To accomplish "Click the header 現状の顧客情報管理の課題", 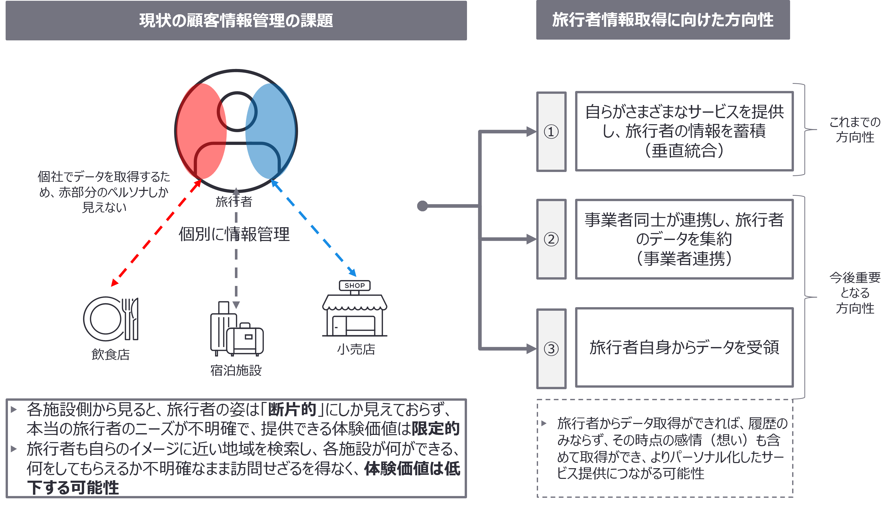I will pos(236,20).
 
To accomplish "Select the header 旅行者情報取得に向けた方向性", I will pos(663,20).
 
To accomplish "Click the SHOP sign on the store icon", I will pos(355,285).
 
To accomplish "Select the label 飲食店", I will pos(110,354).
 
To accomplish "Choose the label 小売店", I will pos(356,349).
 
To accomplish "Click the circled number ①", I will pos(551,132).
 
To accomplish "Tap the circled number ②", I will pos(551,239).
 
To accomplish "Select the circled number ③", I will pos(551,349).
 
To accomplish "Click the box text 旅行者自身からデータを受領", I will pos(684,348).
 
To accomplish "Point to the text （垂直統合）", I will pos(684,151).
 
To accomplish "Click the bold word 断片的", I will pos(292,409).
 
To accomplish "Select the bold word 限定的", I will pos(435,429).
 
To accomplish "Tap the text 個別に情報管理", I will pos(234,234).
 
